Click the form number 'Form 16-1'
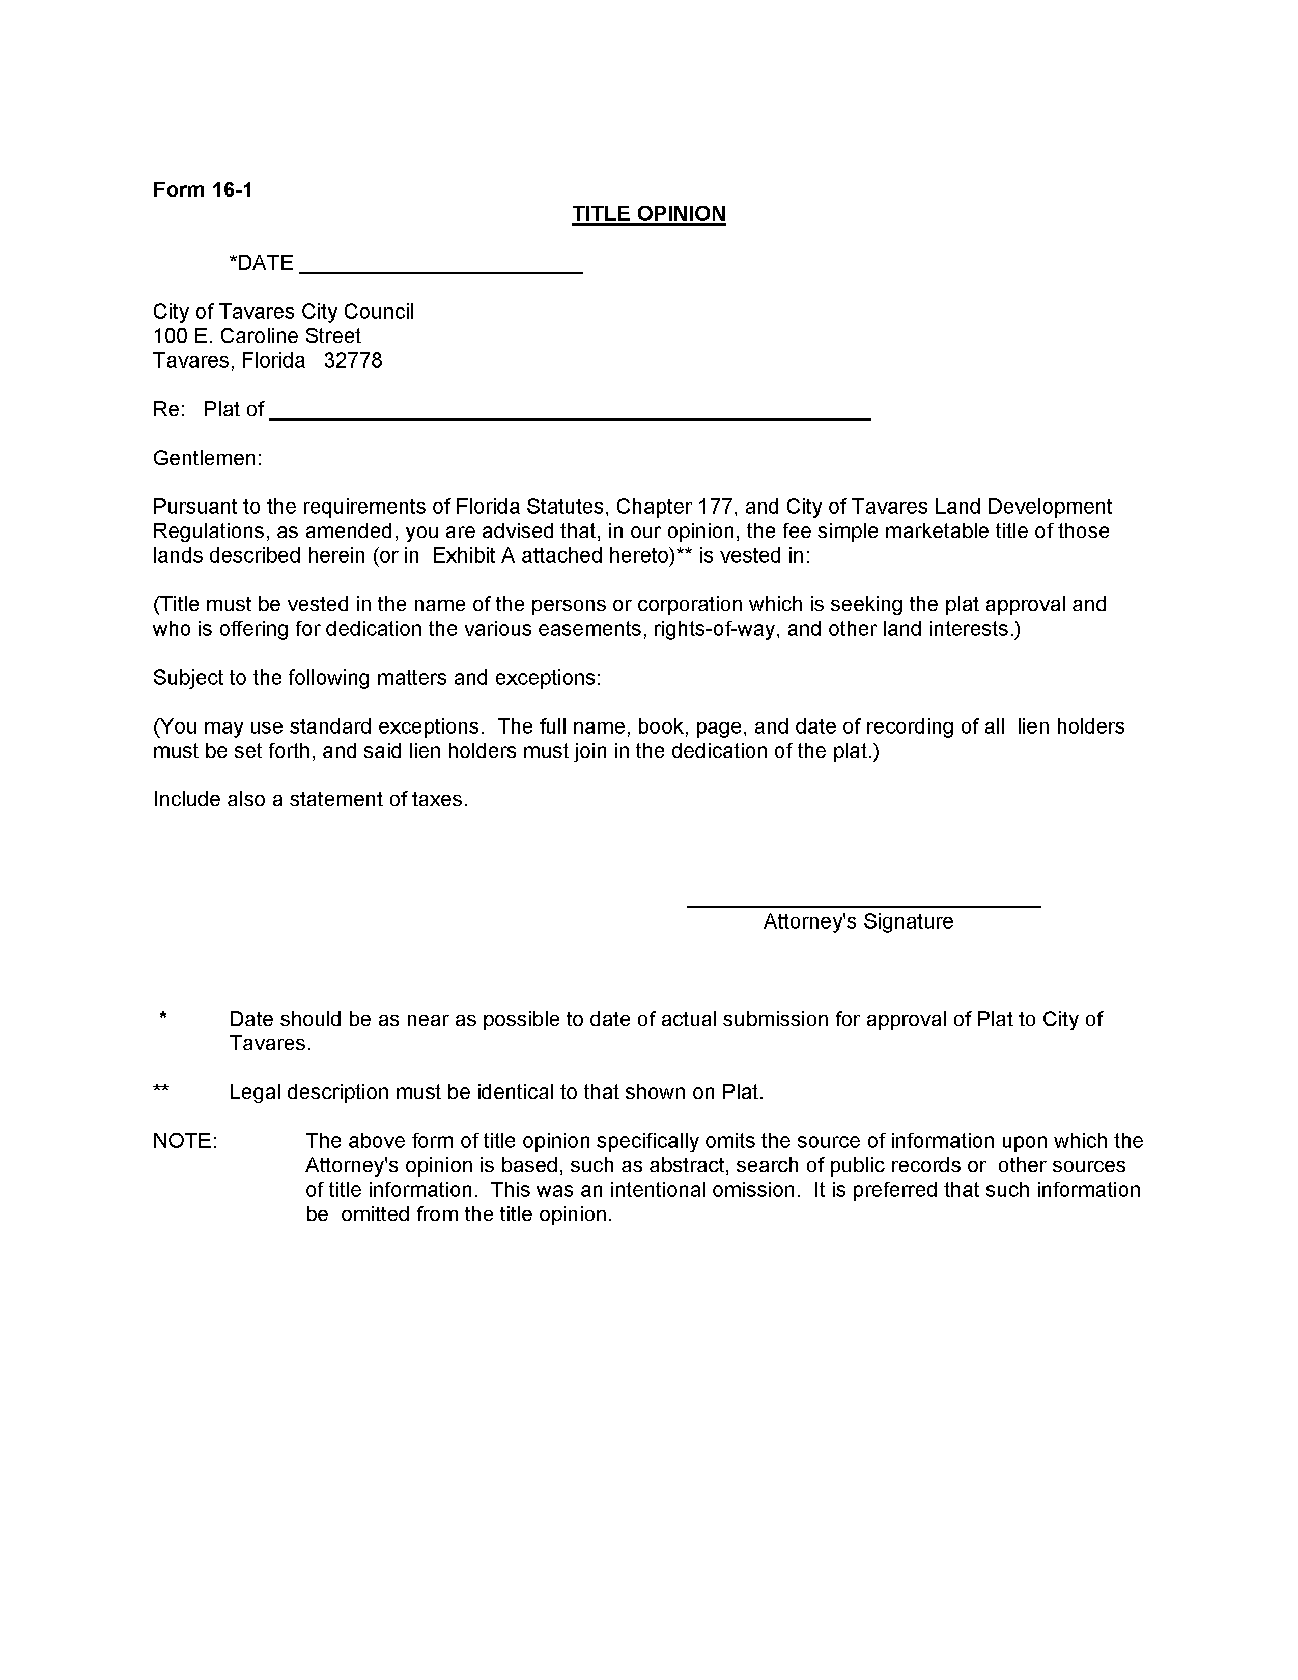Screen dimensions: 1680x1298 click(202, 190)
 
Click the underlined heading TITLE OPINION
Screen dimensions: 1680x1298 click(648, 214)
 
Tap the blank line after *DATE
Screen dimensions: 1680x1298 click(440, 271)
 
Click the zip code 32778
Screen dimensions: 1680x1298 click(353, 361)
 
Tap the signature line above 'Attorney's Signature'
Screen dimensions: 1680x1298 click(863, 906)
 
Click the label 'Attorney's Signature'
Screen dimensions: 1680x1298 click(857, 921)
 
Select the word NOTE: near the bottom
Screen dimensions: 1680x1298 click(185, 1141)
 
